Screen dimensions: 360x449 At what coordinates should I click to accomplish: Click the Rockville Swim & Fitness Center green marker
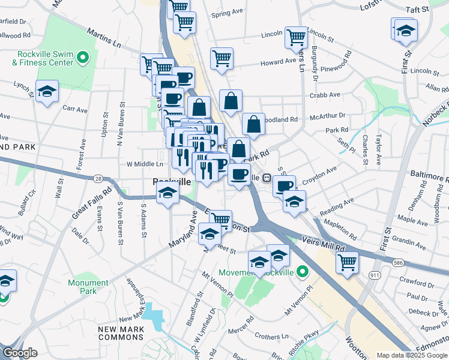click(83, 58)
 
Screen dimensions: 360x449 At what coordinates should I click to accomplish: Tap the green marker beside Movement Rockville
click(303, 272)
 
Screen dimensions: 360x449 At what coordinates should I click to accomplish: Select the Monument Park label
click(88, 287)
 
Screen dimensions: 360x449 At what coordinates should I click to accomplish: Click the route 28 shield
click(98, 178)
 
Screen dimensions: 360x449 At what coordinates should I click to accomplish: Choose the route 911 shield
click(375, 275)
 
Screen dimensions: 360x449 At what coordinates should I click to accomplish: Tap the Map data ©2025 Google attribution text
click(412, 355)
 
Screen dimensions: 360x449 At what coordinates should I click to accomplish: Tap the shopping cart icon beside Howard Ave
click(221, 59)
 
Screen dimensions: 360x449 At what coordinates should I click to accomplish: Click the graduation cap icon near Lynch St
click(47, 91)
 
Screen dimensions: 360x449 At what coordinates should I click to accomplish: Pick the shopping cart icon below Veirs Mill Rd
click(347, 262)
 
